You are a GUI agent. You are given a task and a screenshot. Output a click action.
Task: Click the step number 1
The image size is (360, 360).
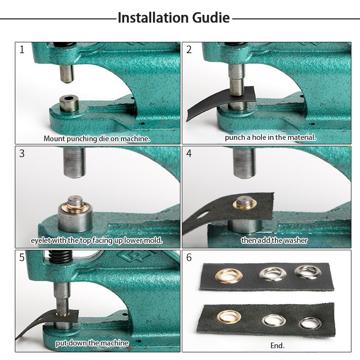click(22, 49)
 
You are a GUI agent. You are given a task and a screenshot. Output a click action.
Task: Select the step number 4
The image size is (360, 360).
click(189, 153)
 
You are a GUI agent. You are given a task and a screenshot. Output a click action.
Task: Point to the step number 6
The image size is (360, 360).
click(189, 257)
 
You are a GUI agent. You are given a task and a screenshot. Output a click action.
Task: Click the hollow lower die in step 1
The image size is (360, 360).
click(69, 104)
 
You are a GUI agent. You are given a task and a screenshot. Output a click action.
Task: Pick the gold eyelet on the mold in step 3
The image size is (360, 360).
click(75, 206)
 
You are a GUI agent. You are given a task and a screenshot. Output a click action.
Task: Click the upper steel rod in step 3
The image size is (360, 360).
click(75, 162)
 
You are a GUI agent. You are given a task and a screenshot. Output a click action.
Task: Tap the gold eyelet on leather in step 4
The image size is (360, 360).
click(245, 204)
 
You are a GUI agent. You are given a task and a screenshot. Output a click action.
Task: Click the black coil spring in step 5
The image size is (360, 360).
click(61, 256)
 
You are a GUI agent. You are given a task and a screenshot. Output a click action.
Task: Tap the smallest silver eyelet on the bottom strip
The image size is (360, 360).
click(310, 323)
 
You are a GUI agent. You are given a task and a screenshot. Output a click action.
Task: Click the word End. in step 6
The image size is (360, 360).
click(277, 346)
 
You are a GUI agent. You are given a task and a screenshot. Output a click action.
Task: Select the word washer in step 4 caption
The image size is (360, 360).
click(296, 240)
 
